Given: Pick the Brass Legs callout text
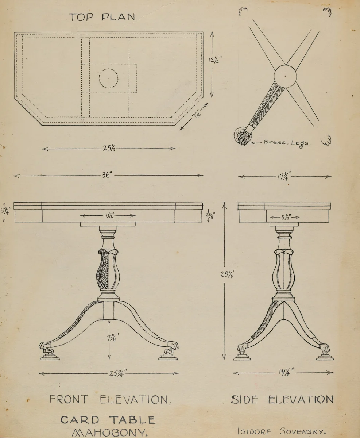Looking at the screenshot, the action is (x=286, y=143).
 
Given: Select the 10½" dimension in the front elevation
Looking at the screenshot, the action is (x=108, y=216).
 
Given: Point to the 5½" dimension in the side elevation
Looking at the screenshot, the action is (x=284, y=217).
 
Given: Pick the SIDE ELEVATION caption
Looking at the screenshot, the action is (x=282, y=399).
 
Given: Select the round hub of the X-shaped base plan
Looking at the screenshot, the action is (x=285, y=76).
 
